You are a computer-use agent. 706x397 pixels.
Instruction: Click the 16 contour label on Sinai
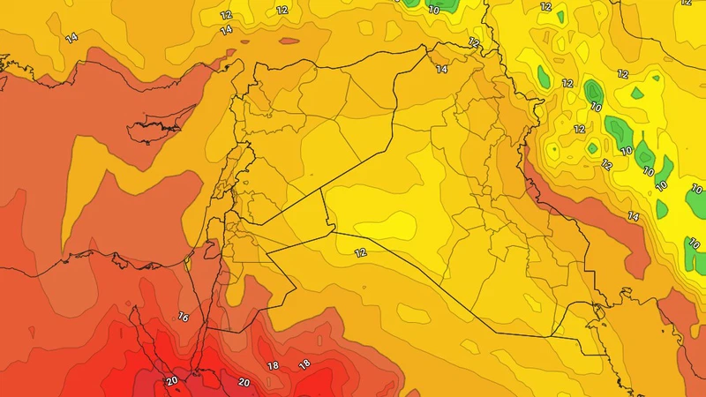coord(184,316)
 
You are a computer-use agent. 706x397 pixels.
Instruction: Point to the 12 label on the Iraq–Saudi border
coord(360,252)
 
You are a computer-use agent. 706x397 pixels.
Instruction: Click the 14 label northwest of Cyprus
coord(71,37)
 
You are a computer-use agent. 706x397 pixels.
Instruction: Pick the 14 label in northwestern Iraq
coord(441,69)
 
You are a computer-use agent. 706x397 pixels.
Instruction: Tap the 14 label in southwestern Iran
coord(632,216)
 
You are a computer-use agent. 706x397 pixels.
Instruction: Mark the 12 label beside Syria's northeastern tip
coord(474,42)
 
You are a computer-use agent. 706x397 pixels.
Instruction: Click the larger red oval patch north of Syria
coord(289,41)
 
